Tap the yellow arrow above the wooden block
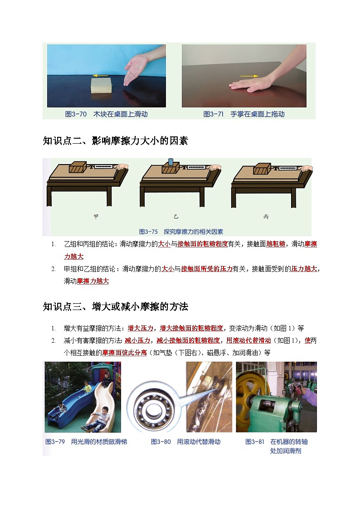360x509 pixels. click(x=100, y=76)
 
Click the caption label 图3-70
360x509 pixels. click(x=76, y=114)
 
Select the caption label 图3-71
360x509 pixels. click(x=214, y=114)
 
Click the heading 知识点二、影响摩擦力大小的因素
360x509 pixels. click(x=115, y=141)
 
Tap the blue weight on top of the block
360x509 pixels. click(x=170, y=162)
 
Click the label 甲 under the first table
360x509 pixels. click(x=96, y=217)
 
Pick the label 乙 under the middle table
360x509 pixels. click(x=176, y=217)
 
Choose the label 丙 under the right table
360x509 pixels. click(x=266, y=217)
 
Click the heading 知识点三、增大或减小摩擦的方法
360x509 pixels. click(x=115, y=307)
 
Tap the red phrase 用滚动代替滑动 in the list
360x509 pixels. click(x=248, y=340)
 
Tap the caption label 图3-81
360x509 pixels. click(x=255, y=441)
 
